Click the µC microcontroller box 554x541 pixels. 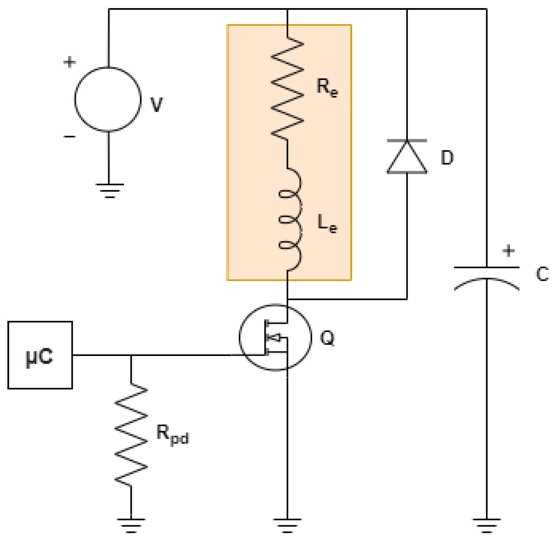click(x=40, y=355)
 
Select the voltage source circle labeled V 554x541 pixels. click(x=108, y=99)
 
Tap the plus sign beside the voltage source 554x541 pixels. click(x=70, y=62)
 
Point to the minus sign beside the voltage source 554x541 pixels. click(x=70, y=137)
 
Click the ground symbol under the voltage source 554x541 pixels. click(x=110, y=190)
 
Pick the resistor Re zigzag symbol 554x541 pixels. click(x=287, y=88)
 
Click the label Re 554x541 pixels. click(x=327, y=87)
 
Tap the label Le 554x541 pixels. click(x=327, y=223)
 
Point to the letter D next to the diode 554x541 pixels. click(x=447, y=158)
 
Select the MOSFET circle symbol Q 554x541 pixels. click(x=275, y=337)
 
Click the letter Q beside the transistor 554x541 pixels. click(x=327, y=338)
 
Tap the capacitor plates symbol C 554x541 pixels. click(x=486, y=276)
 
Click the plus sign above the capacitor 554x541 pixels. click(x=508, y=251)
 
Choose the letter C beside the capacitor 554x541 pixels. click(x=542, y=274)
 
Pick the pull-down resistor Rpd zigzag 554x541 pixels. click(x=131, y=435)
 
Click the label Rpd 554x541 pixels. click(x=172, y=435)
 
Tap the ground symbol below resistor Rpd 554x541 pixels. click(x=131, y=525)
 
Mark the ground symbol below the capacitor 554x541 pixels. click(x=486, y=525)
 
